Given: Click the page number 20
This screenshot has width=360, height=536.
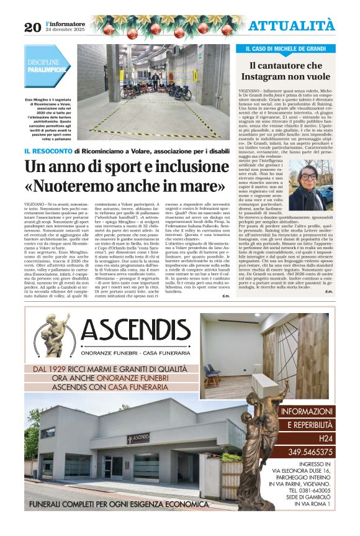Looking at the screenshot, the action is coord(32,27).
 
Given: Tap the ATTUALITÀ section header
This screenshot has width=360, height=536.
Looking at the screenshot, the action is coord(292,25).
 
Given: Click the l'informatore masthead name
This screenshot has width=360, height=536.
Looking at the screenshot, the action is coord(65,23).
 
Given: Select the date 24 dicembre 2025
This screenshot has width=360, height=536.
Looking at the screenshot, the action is coord(65,29).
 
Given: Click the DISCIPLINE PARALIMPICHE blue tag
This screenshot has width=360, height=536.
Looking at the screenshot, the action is coord(47,66).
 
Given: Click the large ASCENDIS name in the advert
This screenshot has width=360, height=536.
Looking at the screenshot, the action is coord(133,331).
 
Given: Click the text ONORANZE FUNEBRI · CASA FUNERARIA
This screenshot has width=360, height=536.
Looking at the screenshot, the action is coord(133,352).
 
